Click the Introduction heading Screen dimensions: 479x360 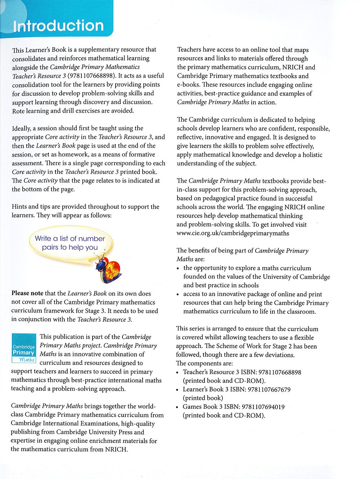click(58, 26)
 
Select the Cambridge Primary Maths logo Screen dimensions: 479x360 click(24, 348)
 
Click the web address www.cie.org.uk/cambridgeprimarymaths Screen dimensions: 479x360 click(233, 233)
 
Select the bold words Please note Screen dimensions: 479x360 click(27, 293)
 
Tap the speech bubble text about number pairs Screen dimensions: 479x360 click(69, 243)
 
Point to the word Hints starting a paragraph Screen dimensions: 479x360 click(19, 207)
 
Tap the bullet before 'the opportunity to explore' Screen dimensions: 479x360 click(178, 268)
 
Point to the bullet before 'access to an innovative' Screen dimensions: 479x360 click(178, 294)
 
